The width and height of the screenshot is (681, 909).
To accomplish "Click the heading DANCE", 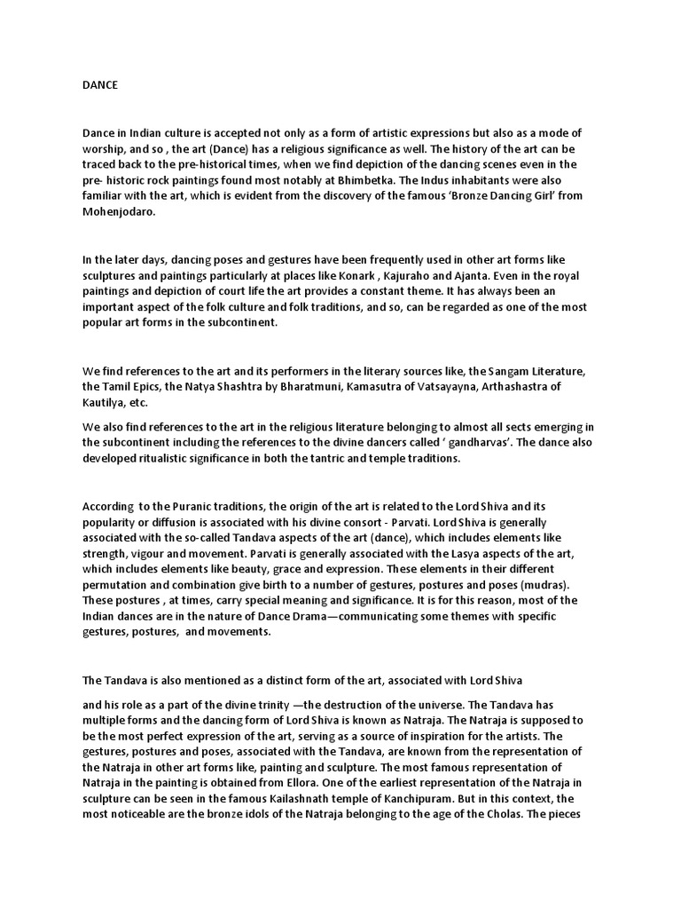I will (x=100, y=85).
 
